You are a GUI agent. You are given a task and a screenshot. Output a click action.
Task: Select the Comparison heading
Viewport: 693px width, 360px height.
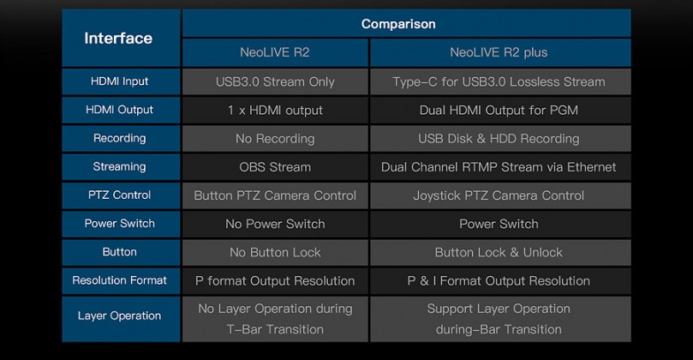(x=398, y=24)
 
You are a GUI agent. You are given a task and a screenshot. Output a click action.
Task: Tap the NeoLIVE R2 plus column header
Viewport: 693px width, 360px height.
(x=500, y=52)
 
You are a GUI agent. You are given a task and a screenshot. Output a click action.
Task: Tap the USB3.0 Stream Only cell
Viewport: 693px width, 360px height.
(x=275, y=81)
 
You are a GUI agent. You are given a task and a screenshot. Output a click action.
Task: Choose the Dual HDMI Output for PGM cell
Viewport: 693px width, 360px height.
(x=500, y=110)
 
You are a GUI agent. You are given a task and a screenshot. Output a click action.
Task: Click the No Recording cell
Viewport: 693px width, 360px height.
(x=275, y=138)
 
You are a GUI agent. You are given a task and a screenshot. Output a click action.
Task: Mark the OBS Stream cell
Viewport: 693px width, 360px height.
(x=275, y=167)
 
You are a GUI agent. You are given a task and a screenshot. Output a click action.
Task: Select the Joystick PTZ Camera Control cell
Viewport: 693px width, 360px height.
(x=500, y=195)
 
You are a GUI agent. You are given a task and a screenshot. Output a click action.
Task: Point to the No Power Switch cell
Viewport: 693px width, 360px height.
(x=275, y=224)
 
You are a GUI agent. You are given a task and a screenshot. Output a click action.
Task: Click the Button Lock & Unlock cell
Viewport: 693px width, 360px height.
(x=500, y=252)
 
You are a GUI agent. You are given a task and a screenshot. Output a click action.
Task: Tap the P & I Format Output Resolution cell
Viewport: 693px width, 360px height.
(x=500, y=280)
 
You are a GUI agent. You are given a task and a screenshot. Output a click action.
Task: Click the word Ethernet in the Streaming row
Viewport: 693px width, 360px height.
(x=591, y=167)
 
